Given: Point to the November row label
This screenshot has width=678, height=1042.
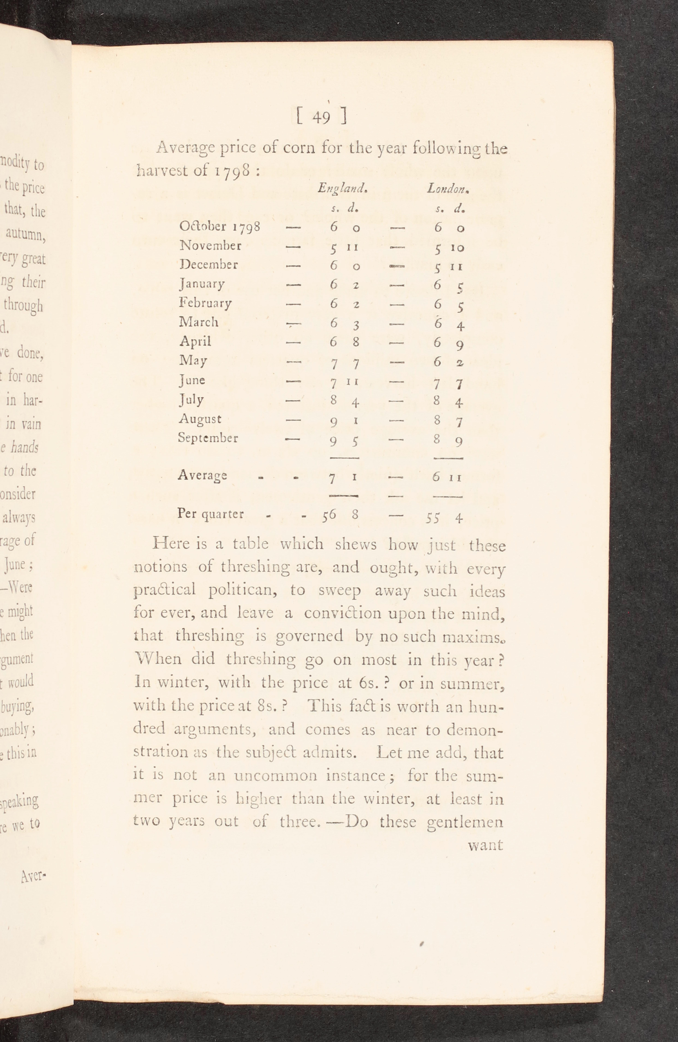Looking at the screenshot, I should coord(210,246).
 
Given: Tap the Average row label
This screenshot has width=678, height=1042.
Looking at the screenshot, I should coord(202,475).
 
